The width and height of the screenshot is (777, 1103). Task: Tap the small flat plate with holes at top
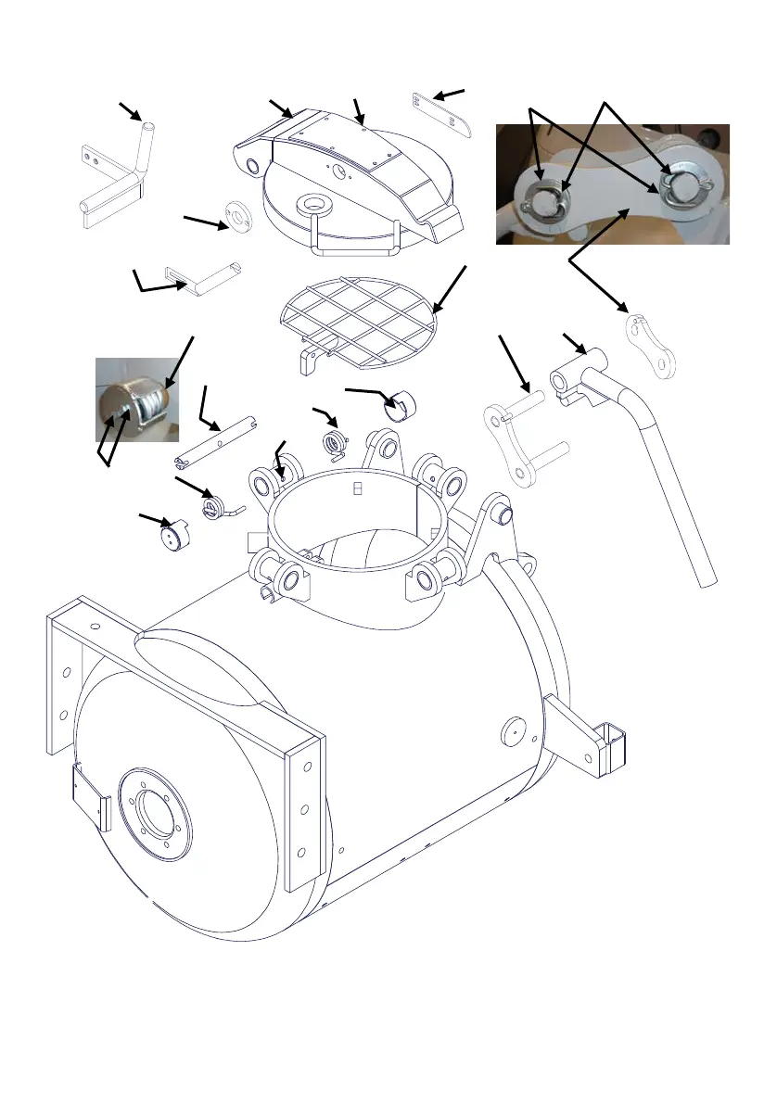tap(442, 115)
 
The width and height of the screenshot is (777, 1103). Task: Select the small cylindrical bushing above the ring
tap(402, 404)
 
